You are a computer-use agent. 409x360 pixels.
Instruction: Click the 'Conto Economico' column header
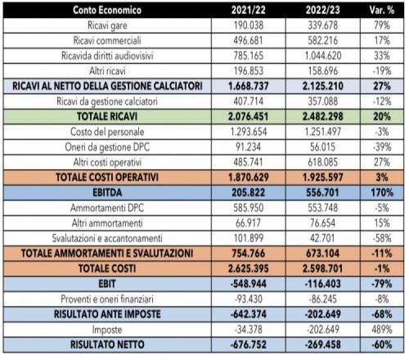(107, 10)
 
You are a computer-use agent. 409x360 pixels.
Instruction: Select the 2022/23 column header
(322, 10)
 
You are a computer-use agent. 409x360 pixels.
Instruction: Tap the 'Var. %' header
(382, 10)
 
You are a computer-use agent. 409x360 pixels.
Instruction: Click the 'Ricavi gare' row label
(107, 25)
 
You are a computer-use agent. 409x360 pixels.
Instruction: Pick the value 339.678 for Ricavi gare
(322, 25)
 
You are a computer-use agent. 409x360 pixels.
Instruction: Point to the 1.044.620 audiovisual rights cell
(322, 56)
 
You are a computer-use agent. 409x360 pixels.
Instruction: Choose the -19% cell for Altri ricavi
(382, 71)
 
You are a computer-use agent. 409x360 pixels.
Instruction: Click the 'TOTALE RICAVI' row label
(107, 117)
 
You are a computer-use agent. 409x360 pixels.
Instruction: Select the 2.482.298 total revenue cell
(322, 117)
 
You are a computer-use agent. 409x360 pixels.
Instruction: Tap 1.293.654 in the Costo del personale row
(249, 132)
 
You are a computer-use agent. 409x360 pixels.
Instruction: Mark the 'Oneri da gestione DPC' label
(107, 147)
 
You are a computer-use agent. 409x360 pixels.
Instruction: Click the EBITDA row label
(107, 193)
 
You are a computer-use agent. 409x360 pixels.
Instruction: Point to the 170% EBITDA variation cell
(382, 193)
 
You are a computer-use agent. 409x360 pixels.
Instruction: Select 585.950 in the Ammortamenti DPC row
(249, 208)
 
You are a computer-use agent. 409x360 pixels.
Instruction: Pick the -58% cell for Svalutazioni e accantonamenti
(382, 238)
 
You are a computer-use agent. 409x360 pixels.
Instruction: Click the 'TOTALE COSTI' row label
(107, 269)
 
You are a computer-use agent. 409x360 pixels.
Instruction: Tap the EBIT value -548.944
(249, 284)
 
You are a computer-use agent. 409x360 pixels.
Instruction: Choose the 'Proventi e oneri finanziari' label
(107, 299)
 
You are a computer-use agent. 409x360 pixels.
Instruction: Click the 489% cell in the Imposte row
(382, 330)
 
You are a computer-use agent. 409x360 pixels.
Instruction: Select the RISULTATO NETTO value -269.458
(322, 344)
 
